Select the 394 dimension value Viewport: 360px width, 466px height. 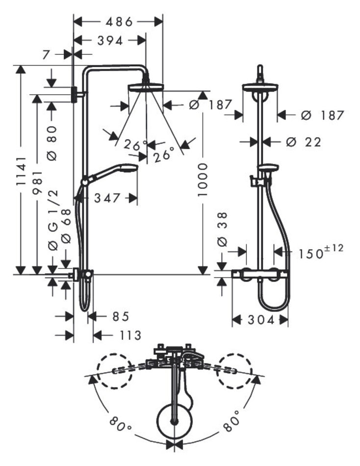110,41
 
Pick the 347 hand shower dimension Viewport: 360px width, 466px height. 107,198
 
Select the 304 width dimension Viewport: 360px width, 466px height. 259,320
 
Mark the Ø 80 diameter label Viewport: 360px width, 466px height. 53,142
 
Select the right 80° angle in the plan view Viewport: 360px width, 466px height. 231,421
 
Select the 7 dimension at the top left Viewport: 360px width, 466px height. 46,55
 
